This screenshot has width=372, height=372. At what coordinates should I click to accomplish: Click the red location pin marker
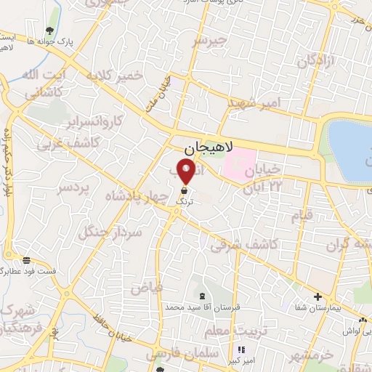(186, 171)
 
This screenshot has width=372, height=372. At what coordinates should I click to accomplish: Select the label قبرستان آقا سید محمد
(202, 307)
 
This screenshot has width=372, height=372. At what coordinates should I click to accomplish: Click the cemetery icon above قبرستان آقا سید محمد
(201, 296)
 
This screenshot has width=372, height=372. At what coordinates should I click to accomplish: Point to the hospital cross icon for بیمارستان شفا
(317, 296)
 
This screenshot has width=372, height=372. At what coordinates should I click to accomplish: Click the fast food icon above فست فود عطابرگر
(27, 260)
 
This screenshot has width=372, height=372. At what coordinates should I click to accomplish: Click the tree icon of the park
(49, 31)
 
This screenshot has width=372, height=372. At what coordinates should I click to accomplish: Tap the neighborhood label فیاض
(147, 287)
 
